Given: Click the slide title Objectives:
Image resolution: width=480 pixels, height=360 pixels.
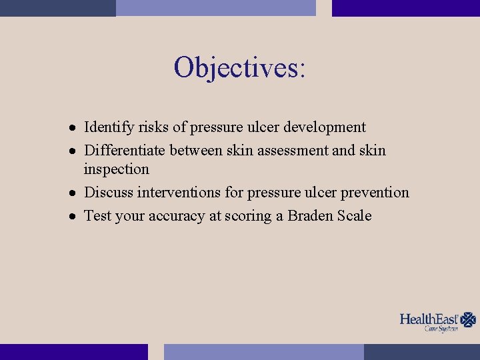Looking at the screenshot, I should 240,67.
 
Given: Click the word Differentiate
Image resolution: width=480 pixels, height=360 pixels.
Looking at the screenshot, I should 125,151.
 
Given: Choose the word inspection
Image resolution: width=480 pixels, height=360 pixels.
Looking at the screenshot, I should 116,169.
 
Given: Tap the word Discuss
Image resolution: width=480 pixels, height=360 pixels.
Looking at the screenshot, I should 109,193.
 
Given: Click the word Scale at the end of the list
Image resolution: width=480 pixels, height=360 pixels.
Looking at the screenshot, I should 355,216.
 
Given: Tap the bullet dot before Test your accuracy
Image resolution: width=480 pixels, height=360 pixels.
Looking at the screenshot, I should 76,217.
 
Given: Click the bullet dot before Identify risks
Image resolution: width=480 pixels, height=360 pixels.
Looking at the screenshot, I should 76,127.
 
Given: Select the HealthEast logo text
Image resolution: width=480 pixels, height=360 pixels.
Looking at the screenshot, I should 429,319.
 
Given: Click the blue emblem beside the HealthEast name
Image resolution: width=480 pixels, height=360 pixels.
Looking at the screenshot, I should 469,319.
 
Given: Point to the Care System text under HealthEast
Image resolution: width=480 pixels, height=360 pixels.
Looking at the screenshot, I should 441,329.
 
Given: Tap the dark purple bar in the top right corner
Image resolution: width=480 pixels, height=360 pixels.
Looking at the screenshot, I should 405,8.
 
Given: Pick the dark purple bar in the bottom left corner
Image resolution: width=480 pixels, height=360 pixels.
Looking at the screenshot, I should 73,352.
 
